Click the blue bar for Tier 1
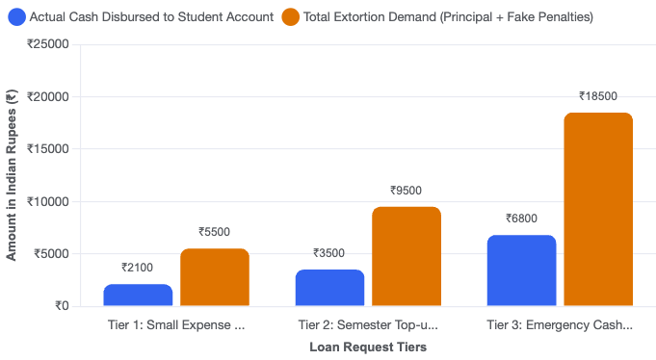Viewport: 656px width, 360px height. (138, 296)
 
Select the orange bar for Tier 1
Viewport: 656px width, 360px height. (215, 277)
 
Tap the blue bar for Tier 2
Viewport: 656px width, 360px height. (329, 288)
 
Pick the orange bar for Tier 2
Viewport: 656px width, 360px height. (407, 256)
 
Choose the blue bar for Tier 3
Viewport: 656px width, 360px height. (522, 270)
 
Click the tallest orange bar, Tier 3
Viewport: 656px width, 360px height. (598, 209)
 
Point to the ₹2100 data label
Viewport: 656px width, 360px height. (137, 268)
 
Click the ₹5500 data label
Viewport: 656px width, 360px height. (214, 232)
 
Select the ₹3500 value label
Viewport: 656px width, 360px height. (328, 253)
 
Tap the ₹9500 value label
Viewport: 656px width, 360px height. (406, 191)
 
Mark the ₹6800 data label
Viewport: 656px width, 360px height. (521, 219)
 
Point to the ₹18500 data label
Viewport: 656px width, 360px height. (598, 96)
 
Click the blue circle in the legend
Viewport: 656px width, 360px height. (16, 17)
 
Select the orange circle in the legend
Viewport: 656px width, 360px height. (290, 17)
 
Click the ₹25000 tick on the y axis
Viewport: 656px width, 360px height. (48, 44)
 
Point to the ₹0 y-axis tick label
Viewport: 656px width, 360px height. (62, 306)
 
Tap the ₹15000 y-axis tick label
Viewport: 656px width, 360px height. (48, 149)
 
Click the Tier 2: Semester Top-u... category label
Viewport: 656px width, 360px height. (368, 325)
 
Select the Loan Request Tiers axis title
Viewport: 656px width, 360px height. (368, 347)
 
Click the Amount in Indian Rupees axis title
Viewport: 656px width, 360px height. (12, 175)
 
